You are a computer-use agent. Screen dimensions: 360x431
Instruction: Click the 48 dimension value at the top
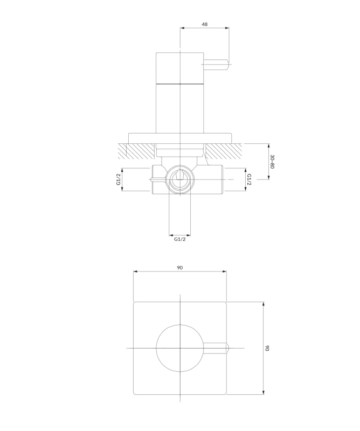coord(205,24)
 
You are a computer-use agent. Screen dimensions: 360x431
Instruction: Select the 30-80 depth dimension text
coord(272,161)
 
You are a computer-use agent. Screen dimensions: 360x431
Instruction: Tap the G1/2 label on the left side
coord(119,179)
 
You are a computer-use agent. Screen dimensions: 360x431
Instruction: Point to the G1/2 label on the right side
coord(249,179)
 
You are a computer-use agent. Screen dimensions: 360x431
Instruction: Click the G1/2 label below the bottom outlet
coord(180,239)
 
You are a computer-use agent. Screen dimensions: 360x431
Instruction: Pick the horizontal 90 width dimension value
coord(180,267)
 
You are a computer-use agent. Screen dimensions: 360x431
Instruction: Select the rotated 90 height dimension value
coord(267,348)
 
